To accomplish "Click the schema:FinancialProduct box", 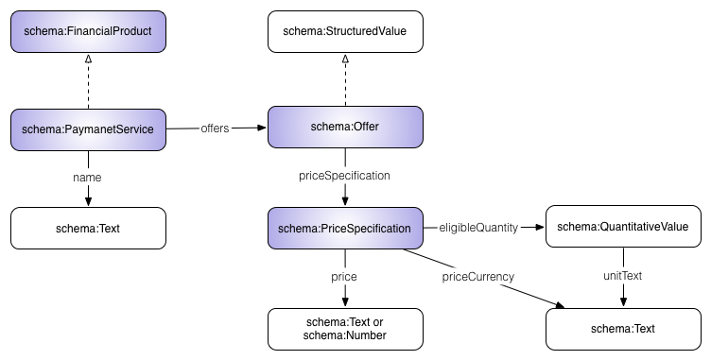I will [88, 31].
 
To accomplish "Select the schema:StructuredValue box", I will [345, 31].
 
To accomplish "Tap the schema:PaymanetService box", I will [88, 129].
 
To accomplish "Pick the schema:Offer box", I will [345, 128].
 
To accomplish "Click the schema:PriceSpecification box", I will [345, 228].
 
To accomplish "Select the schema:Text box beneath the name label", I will [88, 228].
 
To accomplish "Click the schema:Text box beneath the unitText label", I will [623, 328].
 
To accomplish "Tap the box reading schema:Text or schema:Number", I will [345, 328].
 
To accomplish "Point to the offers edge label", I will [216, 129].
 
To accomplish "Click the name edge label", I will [87, 177].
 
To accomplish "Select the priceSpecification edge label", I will [344, 176].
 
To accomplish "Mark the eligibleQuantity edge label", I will [479, 228].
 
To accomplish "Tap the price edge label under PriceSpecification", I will [343, 276].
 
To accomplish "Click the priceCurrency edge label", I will [478, 276].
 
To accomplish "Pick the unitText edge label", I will [622, 276].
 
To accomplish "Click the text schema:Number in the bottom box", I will [345, 335].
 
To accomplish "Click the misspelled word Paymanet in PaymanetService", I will [87, 129].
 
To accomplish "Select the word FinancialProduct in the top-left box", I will [103, 31].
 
